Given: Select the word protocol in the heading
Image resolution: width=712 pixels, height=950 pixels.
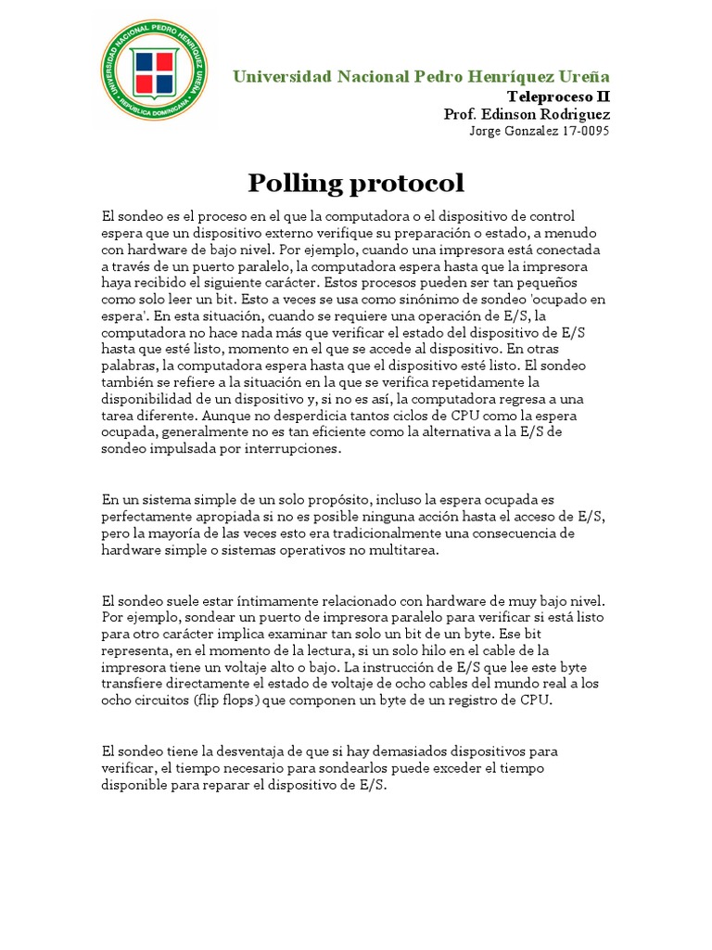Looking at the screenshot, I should tap(407, 182).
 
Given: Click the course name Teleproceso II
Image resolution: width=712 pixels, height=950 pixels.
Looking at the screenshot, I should tap(558, 96).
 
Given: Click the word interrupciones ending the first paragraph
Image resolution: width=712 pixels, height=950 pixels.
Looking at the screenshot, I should tap(287, 449).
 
